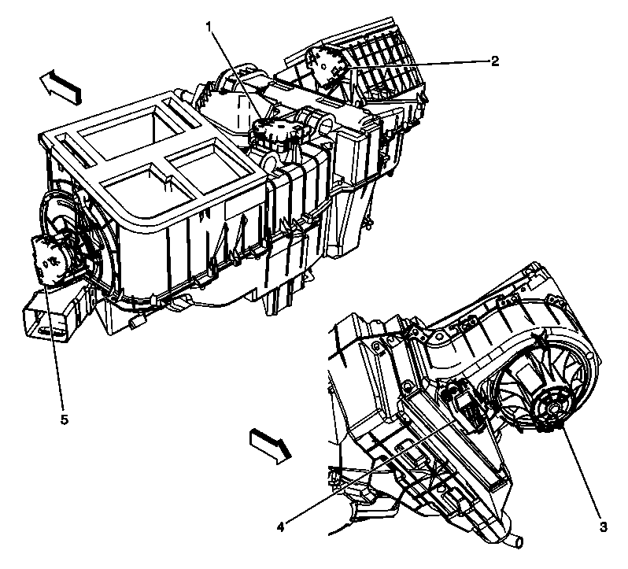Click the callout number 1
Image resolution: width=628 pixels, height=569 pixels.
click(x=209, y=27)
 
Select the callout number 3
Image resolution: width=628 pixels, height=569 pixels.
click(x=602, y=527)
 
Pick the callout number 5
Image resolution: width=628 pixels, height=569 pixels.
click(x=65, y=419)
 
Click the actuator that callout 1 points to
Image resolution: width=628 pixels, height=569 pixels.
click(x=275, y=133)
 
